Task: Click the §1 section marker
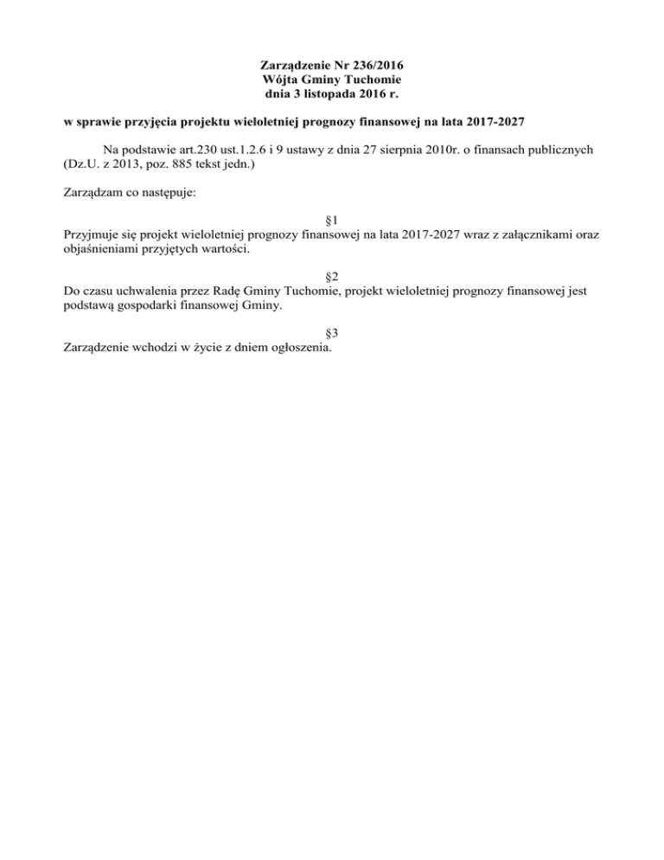tap(331, 221)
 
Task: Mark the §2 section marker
tap(331, 277)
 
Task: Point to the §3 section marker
tap(331, 333)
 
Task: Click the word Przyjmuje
tap(93, 234)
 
